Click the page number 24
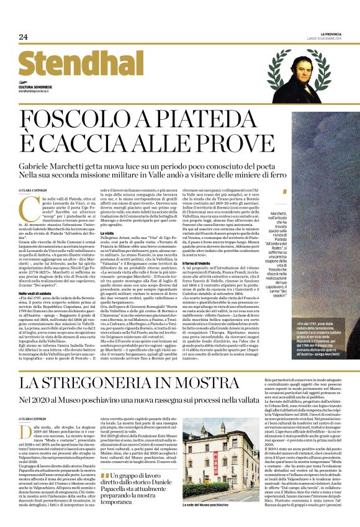(23, 37)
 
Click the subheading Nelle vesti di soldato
(35, 293)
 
